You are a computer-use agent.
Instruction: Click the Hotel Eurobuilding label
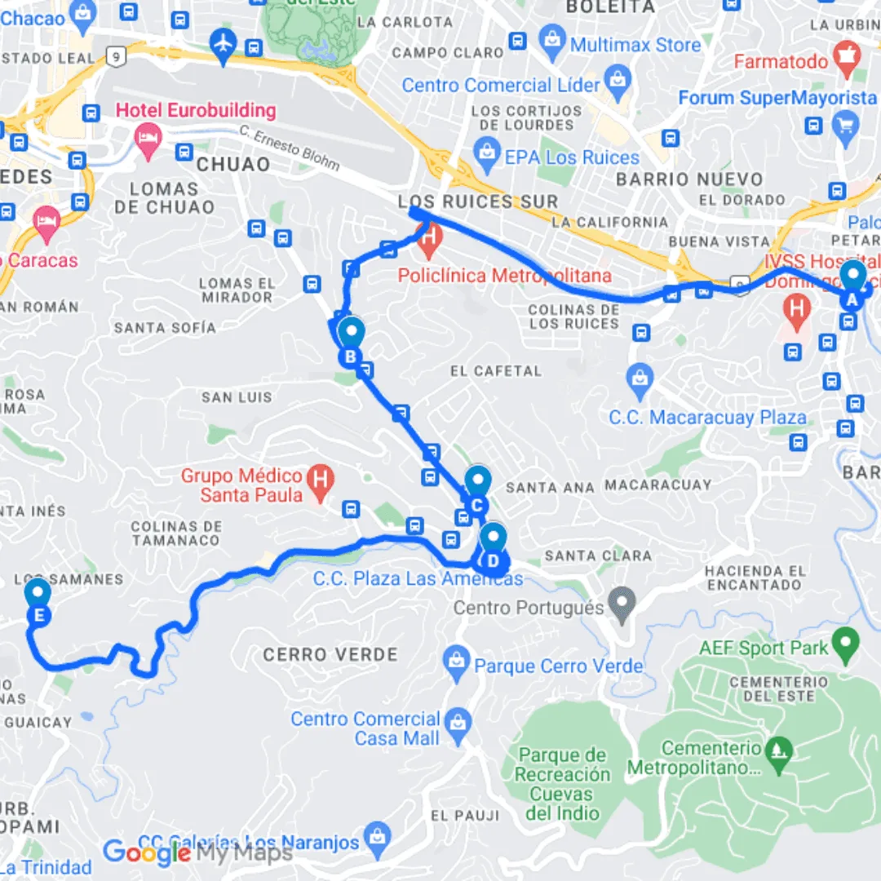tap(196, 110)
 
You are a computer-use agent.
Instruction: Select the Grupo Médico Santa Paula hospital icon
tap(321, 477)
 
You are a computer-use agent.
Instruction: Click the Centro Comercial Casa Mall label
tap(365, 728)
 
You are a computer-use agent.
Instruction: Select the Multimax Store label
tap(635, 45)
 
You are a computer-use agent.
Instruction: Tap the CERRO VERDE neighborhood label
tap(330, 654)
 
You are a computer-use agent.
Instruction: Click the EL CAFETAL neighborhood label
tap(496, 371)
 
